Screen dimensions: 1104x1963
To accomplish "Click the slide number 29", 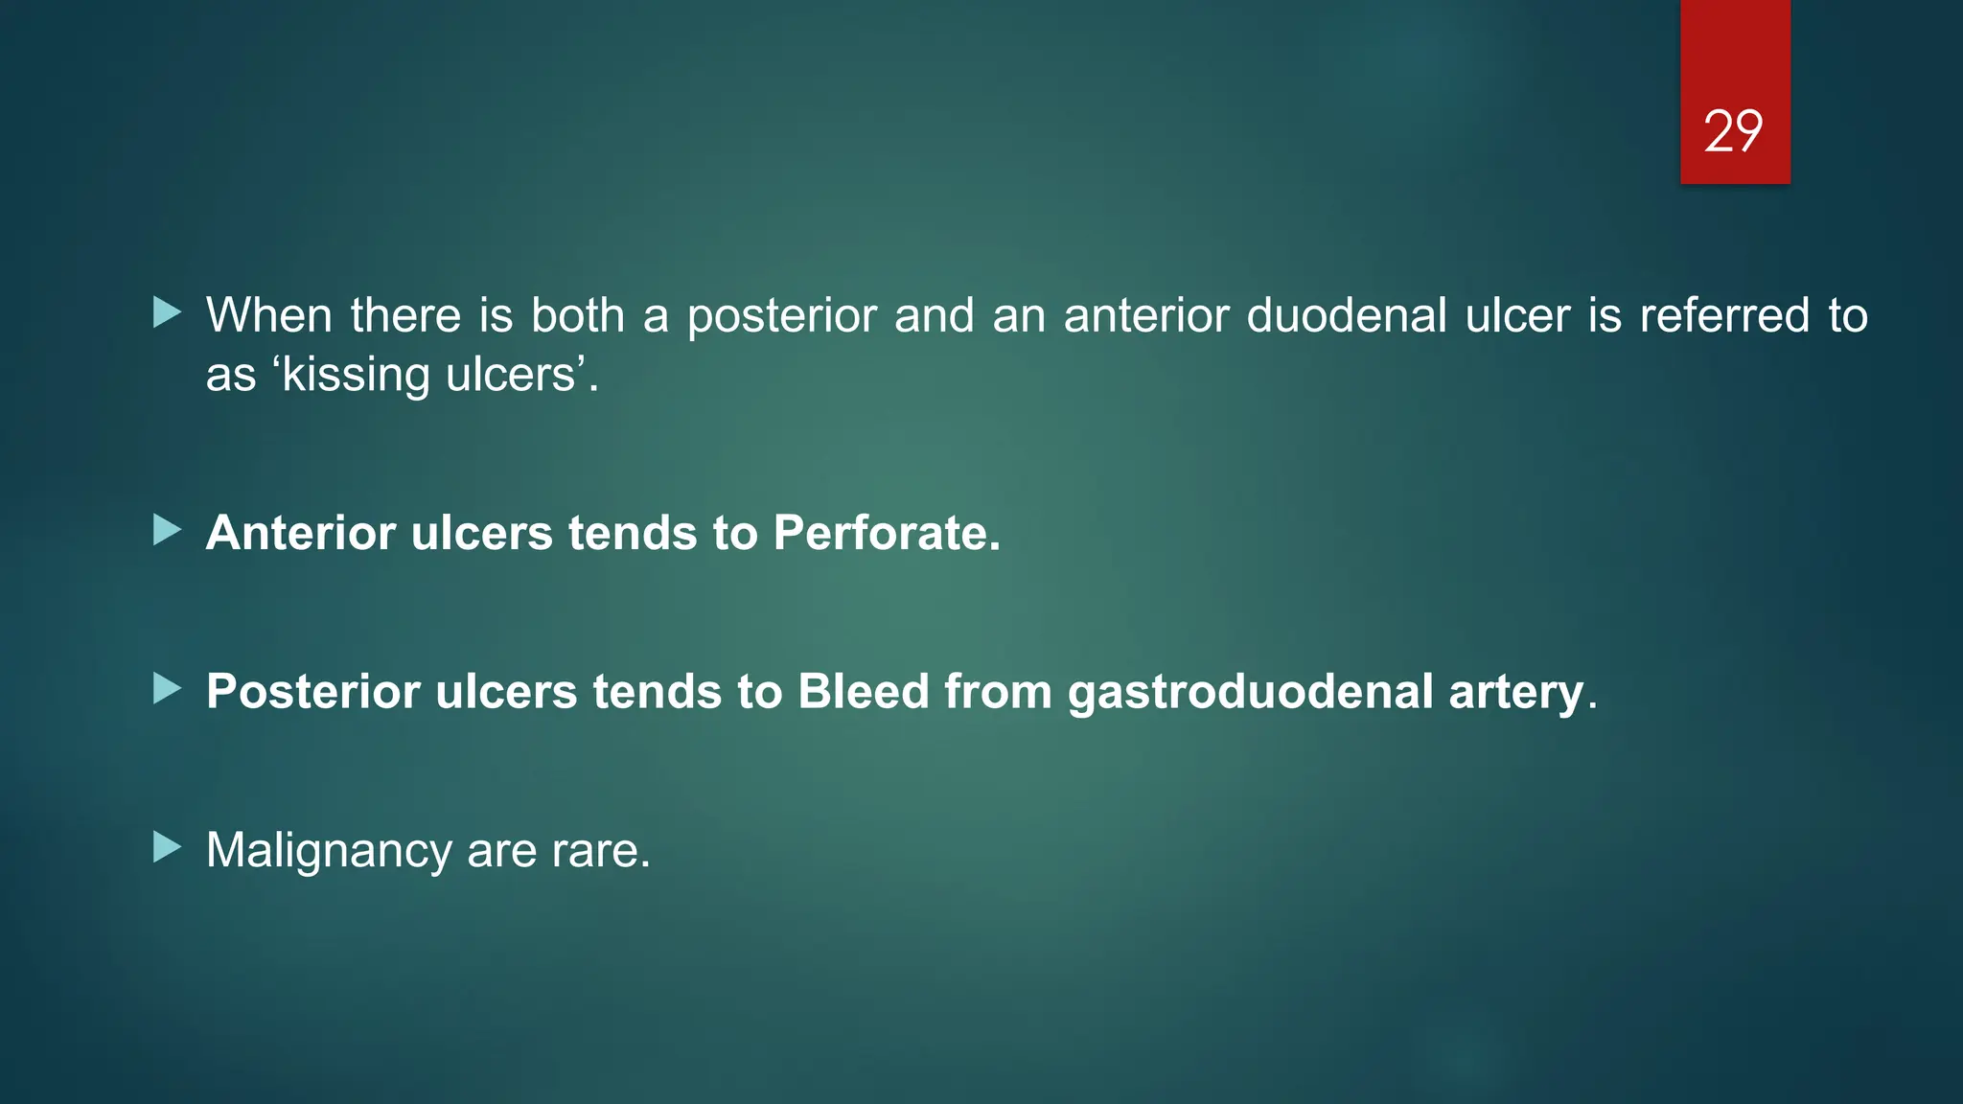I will click(1733, 131).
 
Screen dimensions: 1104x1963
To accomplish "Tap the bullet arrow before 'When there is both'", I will click(167, 311).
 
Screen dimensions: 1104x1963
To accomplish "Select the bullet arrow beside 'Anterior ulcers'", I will click(167, 529).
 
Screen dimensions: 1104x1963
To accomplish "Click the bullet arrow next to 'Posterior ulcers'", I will click(167, 688).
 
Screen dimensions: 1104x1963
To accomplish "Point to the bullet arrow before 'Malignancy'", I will click(167, 846).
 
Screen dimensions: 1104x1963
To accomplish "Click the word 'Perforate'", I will click(886, 533).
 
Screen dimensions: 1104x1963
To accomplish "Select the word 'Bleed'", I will click(863, 691).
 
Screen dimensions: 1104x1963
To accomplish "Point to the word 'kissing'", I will click(356, 375).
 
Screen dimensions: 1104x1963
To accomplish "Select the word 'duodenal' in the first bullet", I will click(1346, 315).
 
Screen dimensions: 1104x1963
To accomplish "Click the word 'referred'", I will click(1724, 315).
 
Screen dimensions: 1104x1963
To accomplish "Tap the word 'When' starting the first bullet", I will click(268, 315).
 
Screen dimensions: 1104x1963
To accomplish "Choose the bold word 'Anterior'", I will click(300, 533).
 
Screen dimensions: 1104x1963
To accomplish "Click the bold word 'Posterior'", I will click(312, 691).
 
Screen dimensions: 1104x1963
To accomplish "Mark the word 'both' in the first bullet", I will click(577, 315).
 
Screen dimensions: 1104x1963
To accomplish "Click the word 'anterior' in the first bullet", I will click(1145, 315).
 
